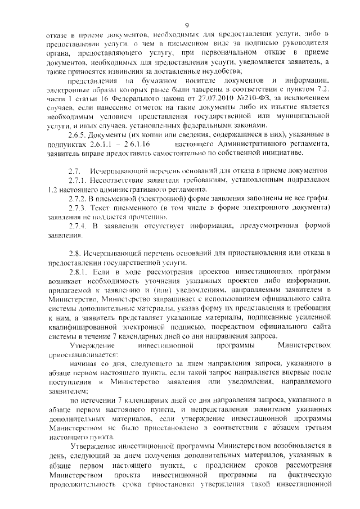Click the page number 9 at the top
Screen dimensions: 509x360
187,23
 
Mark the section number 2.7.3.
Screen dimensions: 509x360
79,207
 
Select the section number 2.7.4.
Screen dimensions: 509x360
79,226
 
